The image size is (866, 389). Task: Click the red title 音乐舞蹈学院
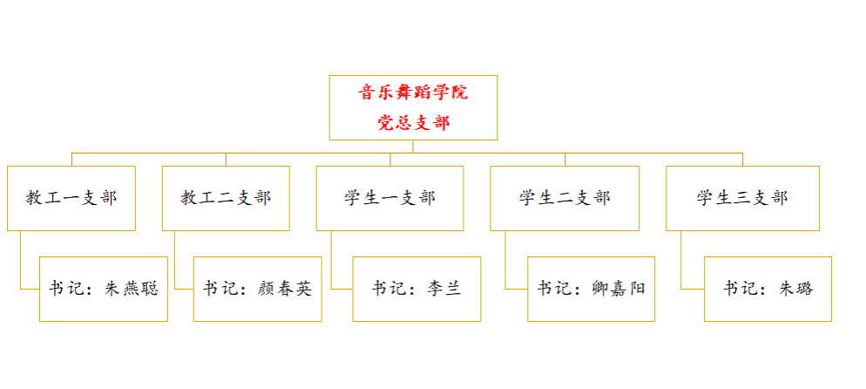coord(414,92)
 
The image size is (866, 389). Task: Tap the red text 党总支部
coord(414,122)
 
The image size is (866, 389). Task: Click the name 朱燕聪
coord(132,289)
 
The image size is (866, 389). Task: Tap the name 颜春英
coord(285,289)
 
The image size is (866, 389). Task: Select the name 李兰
coord(444,289)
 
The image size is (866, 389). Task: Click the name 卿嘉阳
coord(618,289)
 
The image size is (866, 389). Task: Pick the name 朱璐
coord(796,289)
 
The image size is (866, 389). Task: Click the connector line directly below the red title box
coord(413,147)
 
